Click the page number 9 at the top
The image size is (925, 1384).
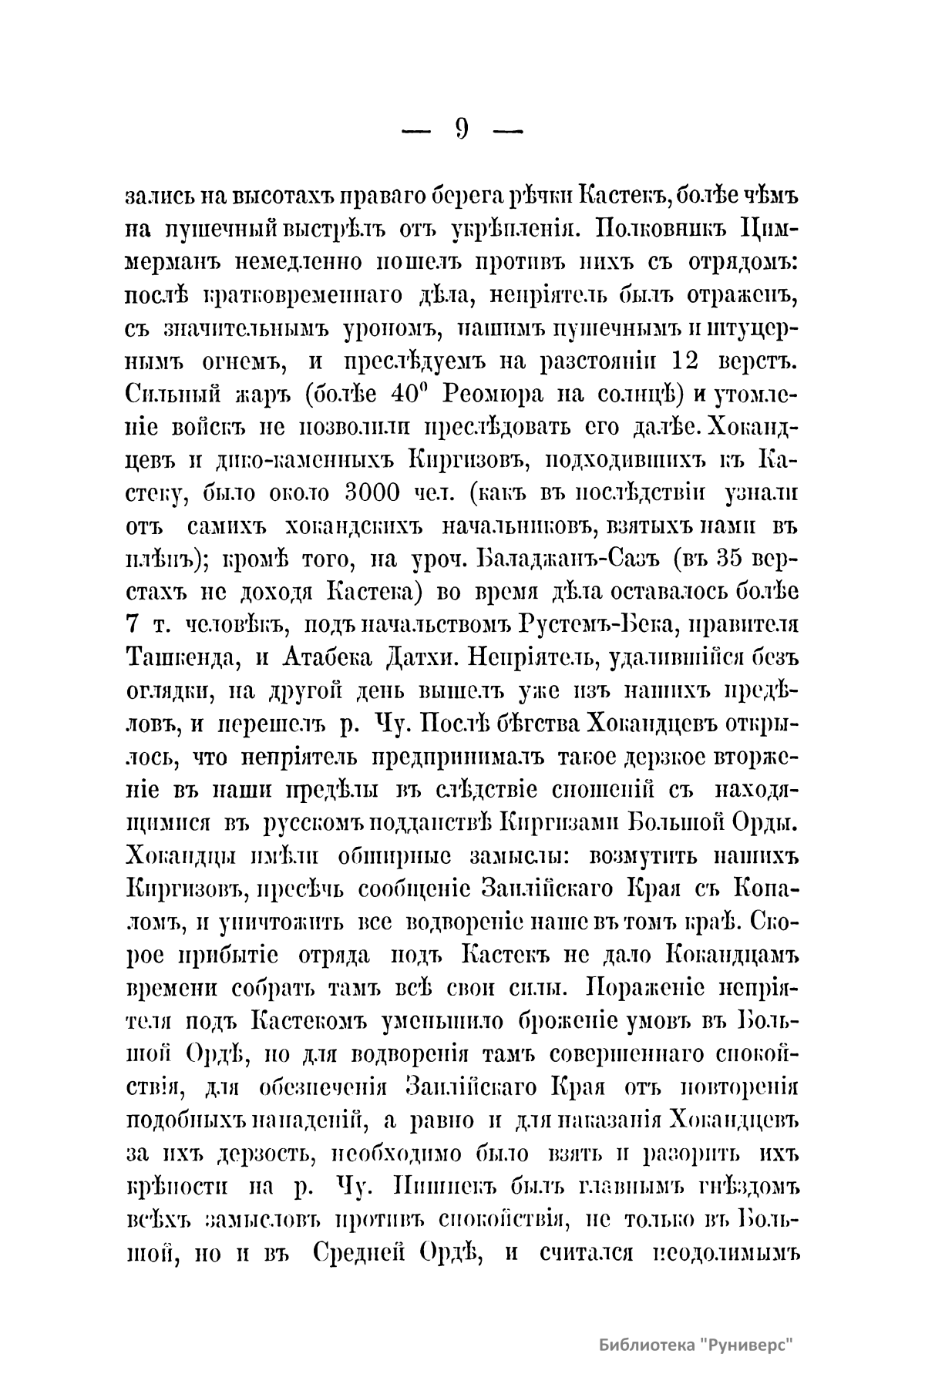coord(462,129)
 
